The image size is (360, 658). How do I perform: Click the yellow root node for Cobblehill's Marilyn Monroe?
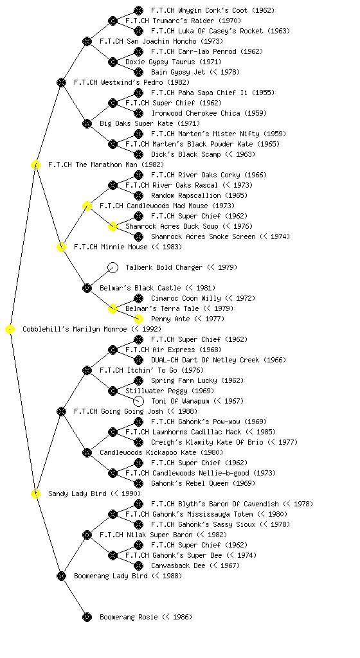click(x=10, y=330)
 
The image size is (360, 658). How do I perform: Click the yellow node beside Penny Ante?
click(x=138, y=319)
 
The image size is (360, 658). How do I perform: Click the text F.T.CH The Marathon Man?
click(x=93, y=164)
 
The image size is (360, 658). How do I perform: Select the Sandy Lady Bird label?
click(x=77, y=493)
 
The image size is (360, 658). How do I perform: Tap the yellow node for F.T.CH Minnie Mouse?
click(x=61, y=247)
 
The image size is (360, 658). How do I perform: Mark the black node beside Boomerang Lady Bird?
click(x=61, y=576)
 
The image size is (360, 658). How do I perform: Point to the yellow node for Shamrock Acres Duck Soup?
click(x=113, y=227)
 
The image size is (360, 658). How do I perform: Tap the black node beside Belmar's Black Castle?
click(x=87, y=289)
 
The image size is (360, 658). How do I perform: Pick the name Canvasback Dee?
click(x=178, y=565)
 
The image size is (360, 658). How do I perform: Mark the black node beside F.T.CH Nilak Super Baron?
click(x=87, y=535)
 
